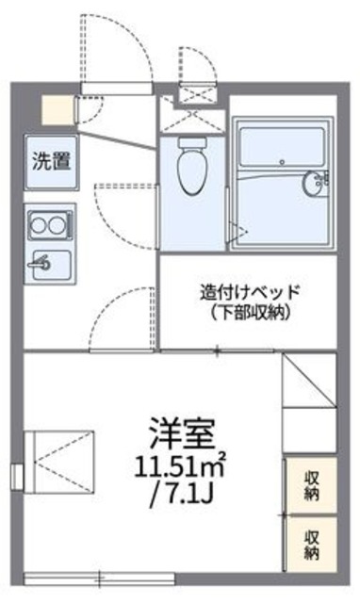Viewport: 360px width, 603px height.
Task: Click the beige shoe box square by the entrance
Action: (56, 110)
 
